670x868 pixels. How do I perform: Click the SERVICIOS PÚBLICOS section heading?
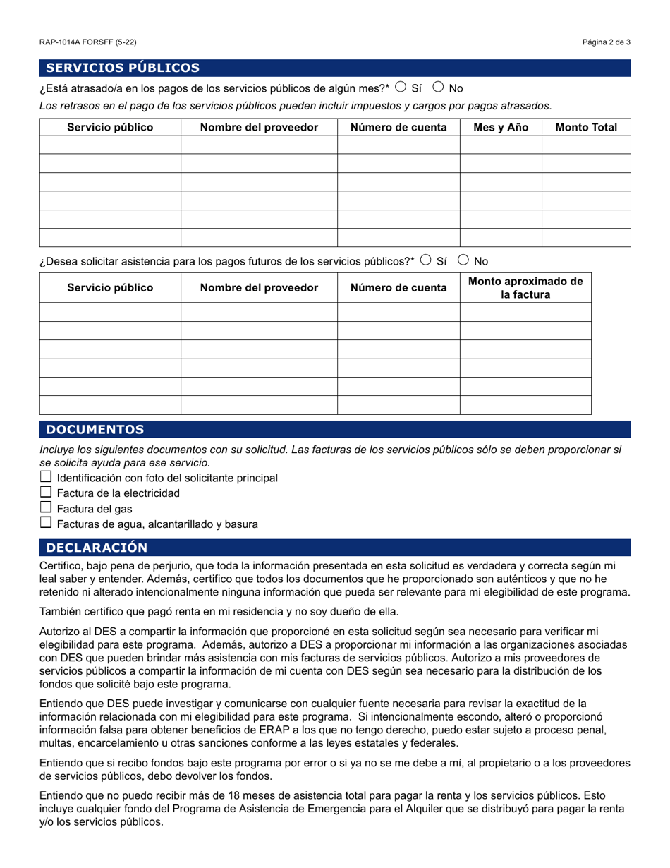[x=123, y=68]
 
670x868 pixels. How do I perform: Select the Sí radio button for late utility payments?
[x=401, y=88]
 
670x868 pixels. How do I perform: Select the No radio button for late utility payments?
[x=438, y=88]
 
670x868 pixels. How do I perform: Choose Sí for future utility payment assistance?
[x=425, y=260]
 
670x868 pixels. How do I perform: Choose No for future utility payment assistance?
[x=463, y=260]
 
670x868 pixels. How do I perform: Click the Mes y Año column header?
[x=501, y=128]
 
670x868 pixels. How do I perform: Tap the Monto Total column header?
[x=586, y=128]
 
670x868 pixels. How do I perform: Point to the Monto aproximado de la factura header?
[x=525, y=288]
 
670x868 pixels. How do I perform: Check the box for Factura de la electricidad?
[x=46, y=493]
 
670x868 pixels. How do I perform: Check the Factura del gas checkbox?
[x=46, y=508]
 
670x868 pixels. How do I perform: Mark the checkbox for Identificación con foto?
[x=46, y=477]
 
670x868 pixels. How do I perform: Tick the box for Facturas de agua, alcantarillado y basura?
[x=46, y=524]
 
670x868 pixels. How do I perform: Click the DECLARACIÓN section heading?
[x=97, y=548]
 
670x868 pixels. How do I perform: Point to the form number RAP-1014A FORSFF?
[x=88, y=42]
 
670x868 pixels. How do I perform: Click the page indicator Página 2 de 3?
[x=607, y=42]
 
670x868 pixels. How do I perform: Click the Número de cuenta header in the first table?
[x=398, y=128]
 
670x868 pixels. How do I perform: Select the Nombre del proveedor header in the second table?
[x=259, y=288]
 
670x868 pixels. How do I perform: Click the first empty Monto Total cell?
[x=586, y=145]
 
